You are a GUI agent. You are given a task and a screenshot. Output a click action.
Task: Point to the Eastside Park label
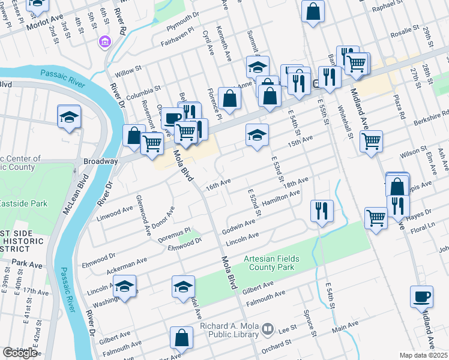click(x=23, y=203)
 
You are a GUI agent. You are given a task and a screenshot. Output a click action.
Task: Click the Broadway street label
click(x=100, y=161)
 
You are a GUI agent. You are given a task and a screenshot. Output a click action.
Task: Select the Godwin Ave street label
click(x=238, y=227)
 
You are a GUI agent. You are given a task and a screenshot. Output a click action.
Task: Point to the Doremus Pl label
click(x=175, y=231)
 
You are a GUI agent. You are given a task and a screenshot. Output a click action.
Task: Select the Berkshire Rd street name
click(x=430, y=114)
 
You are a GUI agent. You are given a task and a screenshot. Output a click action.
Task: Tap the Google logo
click(x=20, y=353)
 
